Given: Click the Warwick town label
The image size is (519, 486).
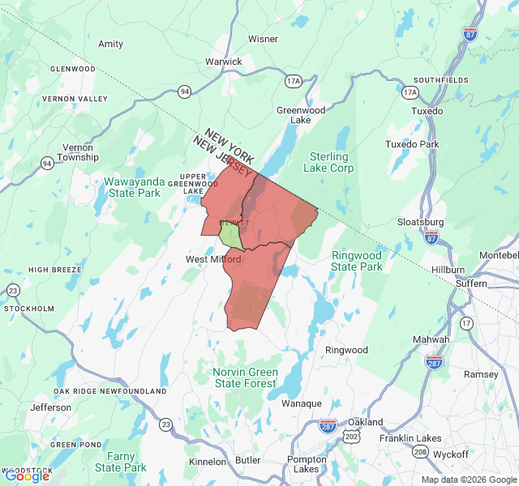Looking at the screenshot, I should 223,62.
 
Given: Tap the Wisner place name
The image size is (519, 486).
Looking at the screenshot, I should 263,39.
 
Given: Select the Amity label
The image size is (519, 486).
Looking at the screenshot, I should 110,44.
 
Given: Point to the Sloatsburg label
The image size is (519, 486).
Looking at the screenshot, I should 421,222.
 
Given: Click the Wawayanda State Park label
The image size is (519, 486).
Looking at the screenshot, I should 134,187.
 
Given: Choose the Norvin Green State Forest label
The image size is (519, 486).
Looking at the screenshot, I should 246,377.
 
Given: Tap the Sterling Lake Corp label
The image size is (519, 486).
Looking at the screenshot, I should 328,162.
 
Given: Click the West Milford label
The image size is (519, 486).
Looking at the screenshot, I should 213,259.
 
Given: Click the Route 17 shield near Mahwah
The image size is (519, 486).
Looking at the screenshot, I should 466,323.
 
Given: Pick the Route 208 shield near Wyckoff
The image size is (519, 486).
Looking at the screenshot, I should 420,452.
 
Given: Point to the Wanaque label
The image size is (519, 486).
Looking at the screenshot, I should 302,403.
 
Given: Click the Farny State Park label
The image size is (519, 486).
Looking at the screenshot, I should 121,462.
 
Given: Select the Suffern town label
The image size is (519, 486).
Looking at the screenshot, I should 471,284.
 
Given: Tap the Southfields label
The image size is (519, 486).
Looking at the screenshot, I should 440,80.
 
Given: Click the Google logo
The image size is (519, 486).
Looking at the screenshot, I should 27,476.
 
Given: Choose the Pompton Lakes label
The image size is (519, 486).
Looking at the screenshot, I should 307,464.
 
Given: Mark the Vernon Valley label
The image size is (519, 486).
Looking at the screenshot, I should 75,99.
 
